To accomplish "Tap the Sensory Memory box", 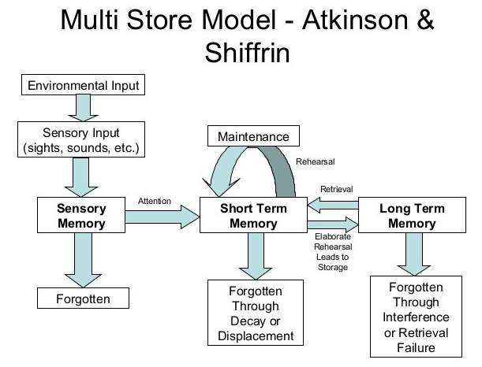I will pyautogui.click(x=81, y=214).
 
